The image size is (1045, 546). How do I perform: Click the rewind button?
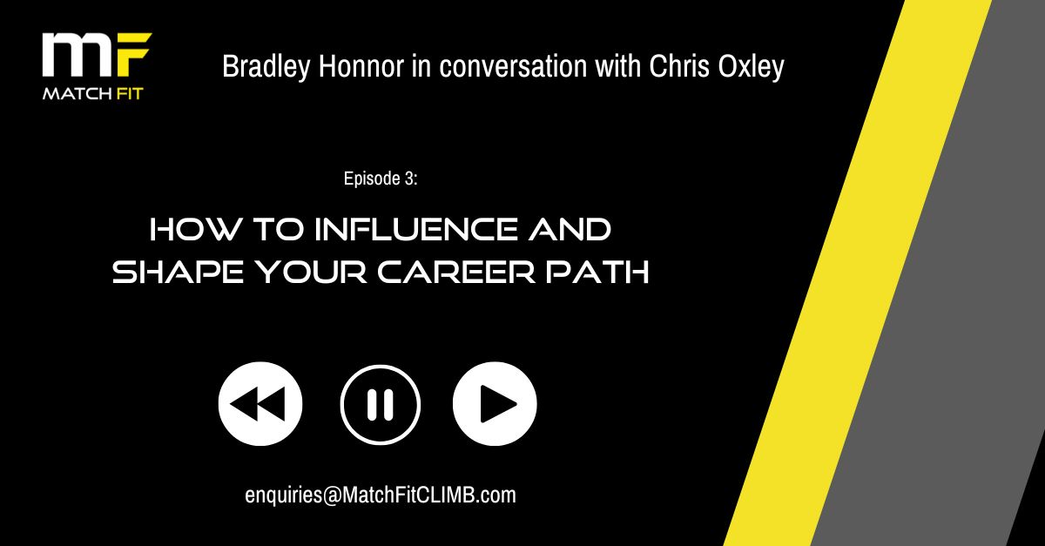click(x=260, y=404)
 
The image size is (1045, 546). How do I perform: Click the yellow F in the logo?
click(x=133, y=54)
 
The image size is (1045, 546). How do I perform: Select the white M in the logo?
click(x=78, y=55)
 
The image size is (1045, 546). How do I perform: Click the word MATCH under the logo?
click(x=76, y=94)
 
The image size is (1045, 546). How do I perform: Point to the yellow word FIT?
click(x=128, y=94)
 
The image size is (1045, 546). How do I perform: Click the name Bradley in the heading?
click(x=266, y=67)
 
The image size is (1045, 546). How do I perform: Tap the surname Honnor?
click(x=361, y=66)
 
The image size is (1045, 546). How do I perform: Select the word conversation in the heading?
click(x=513, y=66)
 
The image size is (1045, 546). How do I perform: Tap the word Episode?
click(x=371, y=179)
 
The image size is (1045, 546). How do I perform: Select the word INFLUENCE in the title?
click(x=416, y=229)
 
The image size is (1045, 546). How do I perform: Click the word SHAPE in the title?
click(x=178, y=272)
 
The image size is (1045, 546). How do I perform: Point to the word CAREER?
click(x=456, y=272)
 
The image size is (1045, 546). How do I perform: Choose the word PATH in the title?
click(x=597, y=272)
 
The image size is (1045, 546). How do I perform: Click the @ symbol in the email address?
click(x=332, y=495)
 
